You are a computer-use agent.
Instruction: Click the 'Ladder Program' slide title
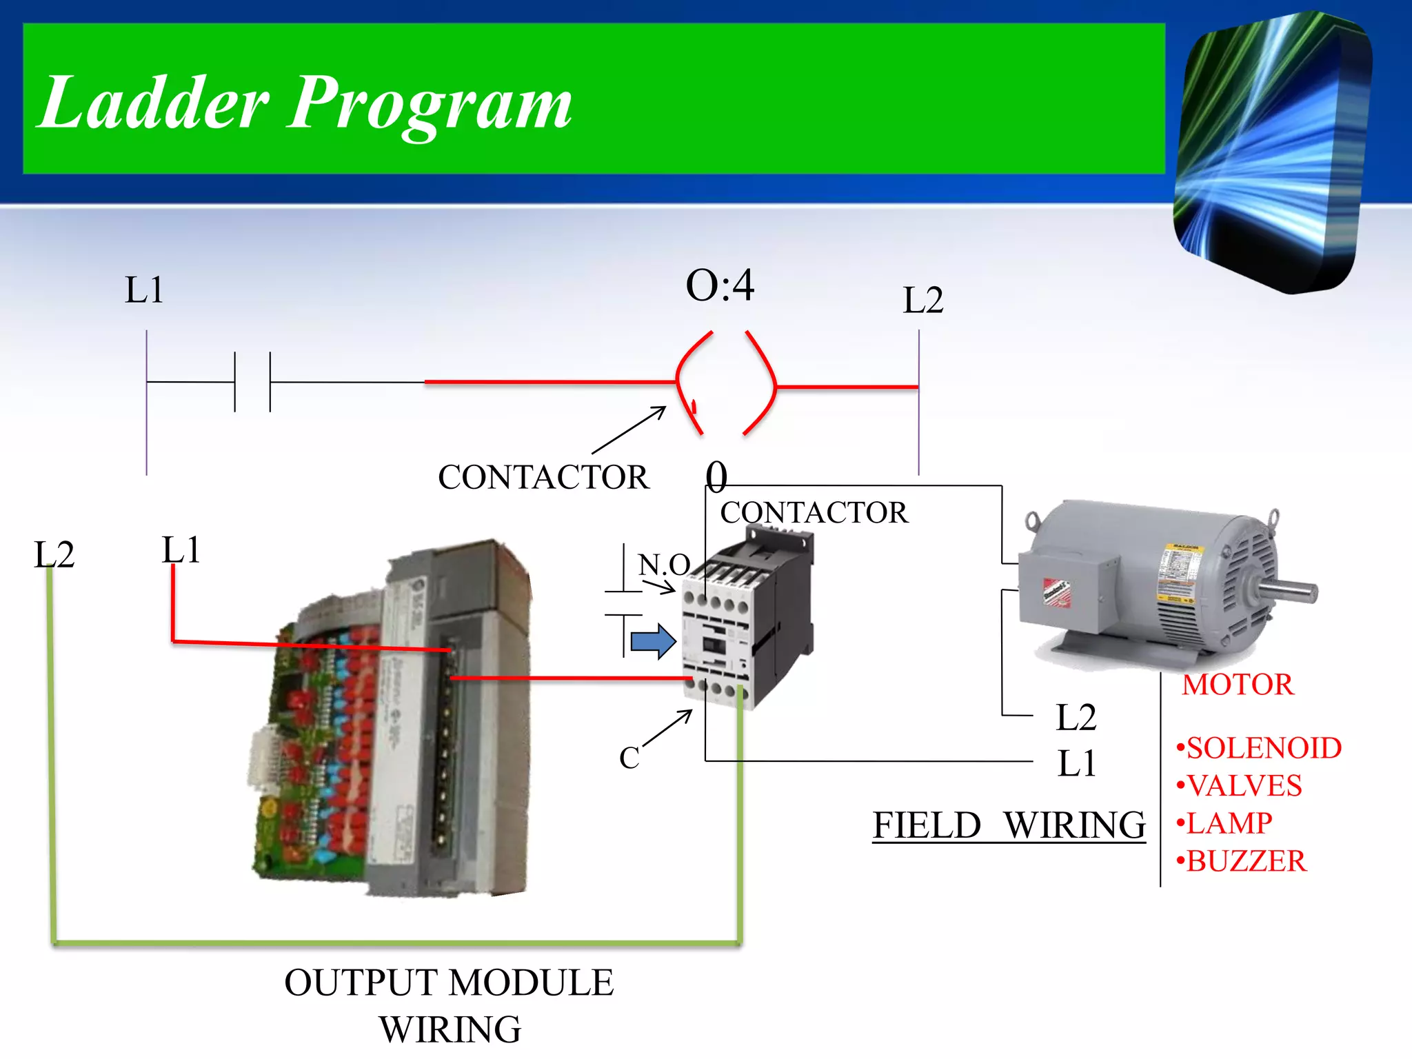pos(305,103)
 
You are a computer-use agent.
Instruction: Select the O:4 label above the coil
pos(720,285)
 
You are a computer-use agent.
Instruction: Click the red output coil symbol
pos(726,383)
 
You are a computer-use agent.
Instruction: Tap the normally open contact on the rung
pos(252,381)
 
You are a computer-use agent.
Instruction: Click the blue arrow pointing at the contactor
pos(653,641)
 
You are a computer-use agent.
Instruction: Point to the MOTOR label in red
pos(1238,685)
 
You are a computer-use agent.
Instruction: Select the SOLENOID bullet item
pos(1259,748)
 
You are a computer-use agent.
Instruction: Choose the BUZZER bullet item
pos(1242,861)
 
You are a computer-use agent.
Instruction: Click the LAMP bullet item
pos(1224,823)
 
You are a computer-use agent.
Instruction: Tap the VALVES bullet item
pos(1240,786)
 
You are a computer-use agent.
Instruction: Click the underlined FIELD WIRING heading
pos(1009,825)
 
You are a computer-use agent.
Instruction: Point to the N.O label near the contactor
pos(663,565)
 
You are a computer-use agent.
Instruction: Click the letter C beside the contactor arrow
pos(629,758)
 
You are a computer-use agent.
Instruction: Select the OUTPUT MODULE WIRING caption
pos(450,1005)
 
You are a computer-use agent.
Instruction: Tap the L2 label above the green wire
pos(54,554)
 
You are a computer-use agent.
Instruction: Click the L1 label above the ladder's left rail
pos(144,290)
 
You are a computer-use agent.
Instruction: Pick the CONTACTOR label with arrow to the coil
pos(543,477)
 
